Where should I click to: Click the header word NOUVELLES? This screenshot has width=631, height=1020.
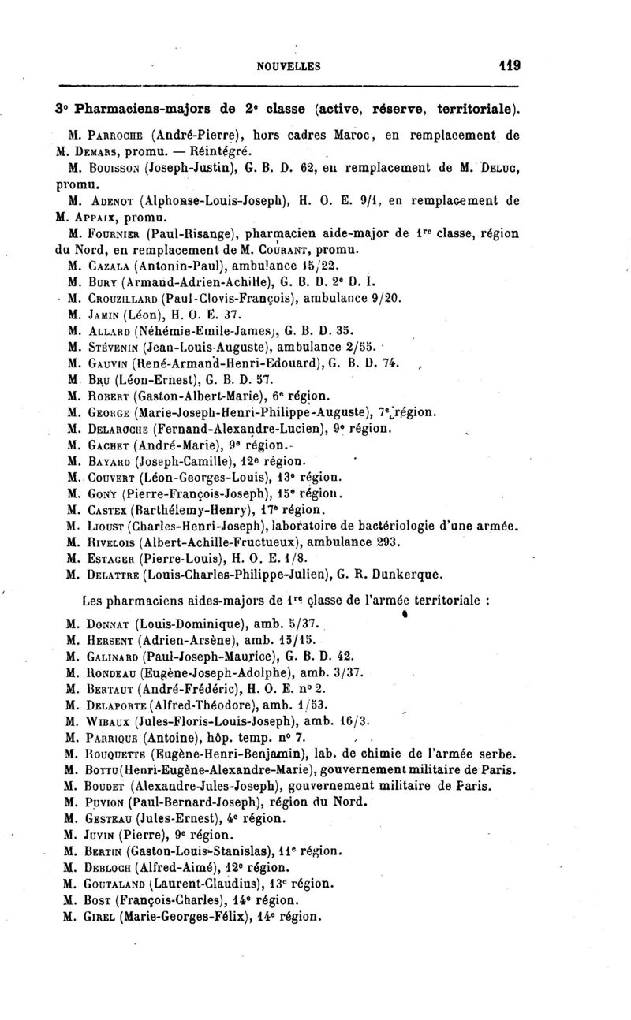(x=289, y=67)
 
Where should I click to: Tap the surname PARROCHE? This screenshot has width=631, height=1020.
(x=109, y=135)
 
